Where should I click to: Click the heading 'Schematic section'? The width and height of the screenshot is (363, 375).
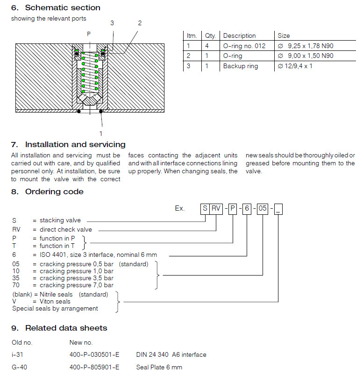[63, 7]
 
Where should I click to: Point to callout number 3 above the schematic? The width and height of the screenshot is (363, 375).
[112, 23]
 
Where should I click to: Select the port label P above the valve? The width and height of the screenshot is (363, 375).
[89, 34]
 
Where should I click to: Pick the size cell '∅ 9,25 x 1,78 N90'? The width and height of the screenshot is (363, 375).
[306, 46]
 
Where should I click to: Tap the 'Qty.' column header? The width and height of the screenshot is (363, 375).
[210, 35]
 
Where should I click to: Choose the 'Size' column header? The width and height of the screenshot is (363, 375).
[284, 35]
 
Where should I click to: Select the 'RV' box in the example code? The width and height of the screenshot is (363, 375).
[216, 208]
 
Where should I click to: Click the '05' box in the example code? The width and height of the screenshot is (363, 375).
[263, 208]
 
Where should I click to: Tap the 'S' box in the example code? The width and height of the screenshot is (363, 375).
[205, 208]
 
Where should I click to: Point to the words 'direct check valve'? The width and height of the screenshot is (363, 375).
[66, 229]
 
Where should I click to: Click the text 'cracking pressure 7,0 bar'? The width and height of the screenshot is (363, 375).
[77, 285]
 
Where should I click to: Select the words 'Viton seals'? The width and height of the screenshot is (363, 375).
[55, 301]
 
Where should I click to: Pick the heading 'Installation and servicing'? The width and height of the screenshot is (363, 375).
[75, 144]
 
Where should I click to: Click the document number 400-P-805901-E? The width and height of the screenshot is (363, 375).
[94, 367]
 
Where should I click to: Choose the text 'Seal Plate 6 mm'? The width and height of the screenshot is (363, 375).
[159, 367]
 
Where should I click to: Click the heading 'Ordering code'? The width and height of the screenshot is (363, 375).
[54, 191]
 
